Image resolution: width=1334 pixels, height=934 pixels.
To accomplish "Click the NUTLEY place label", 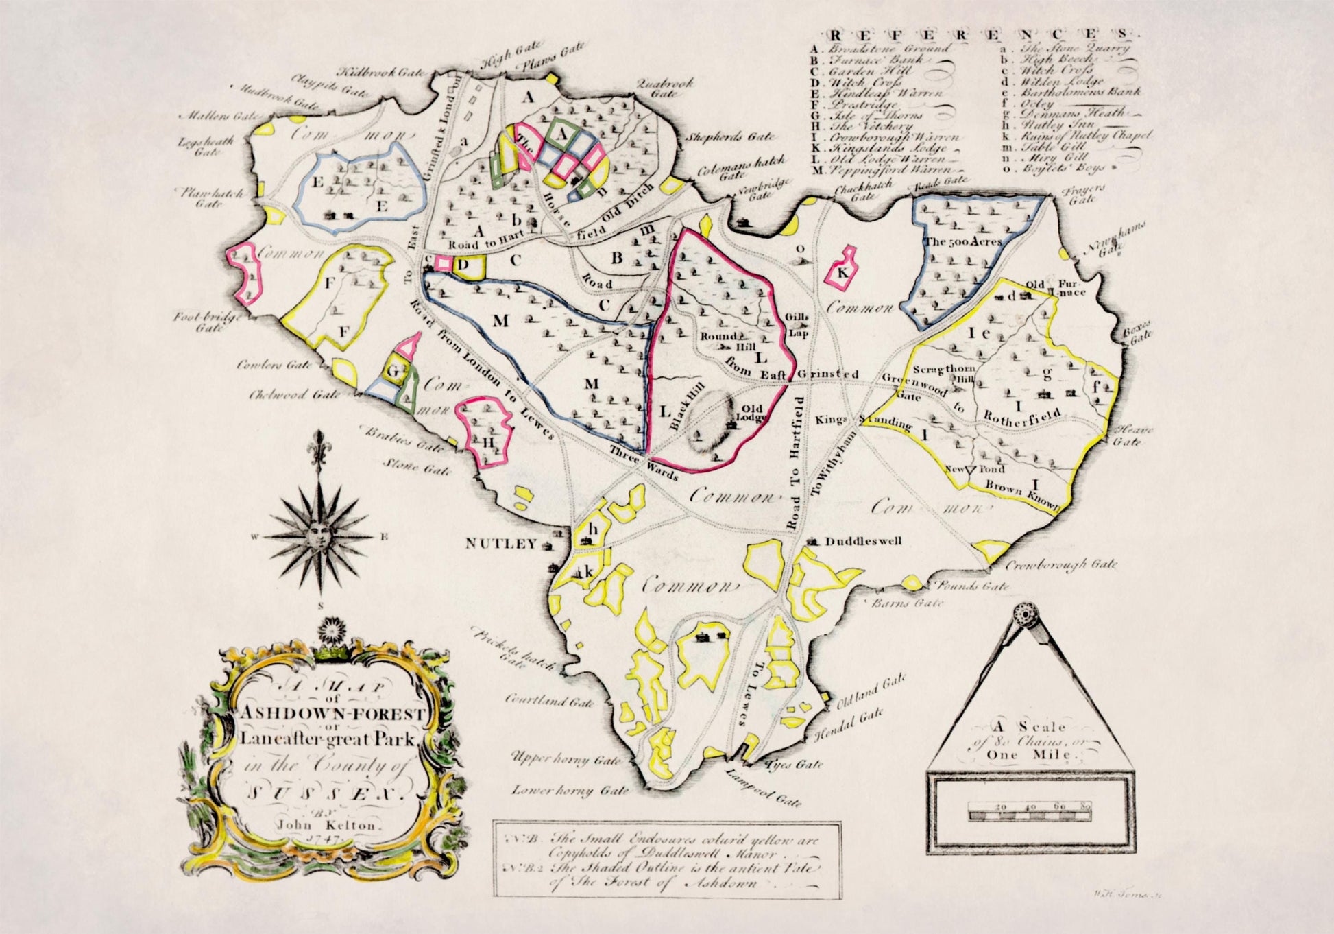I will click(x=500, y=544).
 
